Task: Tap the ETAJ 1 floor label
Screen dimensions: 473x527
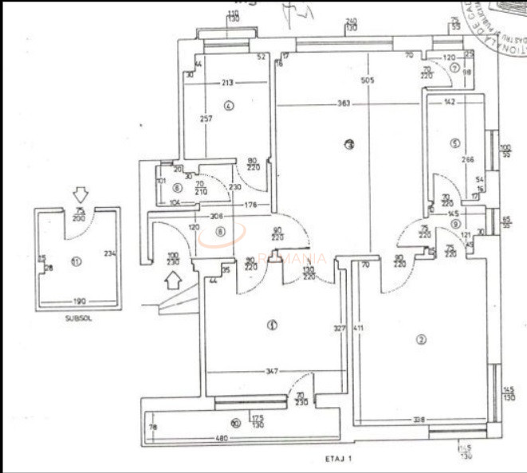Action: pyautogui.click(x=339, y=459)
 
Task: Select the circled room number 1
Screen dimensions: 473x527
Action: pyautogui.click(x=272, y=325)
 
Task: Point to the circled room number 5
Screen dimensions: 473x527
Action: pyautogui.click(x=454, y=144)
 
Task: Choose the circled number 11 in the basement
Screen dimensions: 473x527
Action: pyautogui.click(x=77, y=261)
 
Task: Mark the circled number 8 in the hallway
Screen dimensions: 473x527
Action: pyautogui.click(x=220, y=233)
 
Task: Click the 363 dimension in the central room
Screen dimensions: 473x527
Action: pyautogui.click(x=344, y=104)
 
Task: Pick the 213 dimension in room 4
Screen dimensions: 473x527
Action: pyautogui.click(x=228, y=82)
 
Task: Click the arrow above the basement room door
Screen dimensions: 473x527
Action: pyautogui.click(x=78, y=193)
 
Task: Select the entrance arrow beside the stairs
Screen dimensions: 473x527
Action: pyautogui.click(x=172, y=279)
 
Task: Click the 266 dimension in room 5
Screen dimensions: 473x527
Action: pyautogui.click(x=468, y=159)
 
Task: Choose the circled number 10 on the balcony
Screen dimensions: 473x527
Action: pyautogui.click(x=235, y=423)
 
